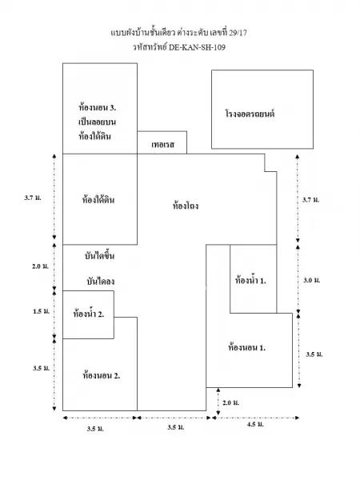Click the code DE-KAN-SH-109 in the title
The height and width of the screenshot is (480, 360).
coord(197,47)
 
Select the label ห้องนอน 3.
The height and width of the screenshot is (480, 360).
coord(97,107)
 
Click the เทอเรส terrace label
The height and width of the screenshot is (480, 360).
coord(162,144)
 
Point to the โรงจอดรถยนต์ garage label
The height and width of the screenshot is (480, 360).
coord(250,114)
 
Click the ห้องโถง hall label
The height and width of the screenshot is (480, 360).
coord(186,205)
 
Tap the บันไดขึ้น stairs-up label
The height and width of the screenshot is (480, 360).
coord(99,255)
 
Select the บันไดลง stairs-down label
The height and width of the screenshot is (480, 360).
coord(101,281)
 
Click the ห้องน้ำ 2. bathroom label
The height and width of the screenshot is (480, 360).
coord(89,314)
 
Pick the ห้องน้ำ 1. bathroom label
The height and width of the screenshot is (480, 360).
coord(250,280)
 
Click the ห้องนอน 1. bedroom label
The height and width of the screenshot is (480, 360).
coord(246,347)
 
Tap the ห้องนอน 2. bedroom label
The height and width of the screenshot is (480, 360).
coord(101,375)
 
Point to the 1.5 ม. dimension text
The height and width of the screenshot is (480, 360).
coord(41,311)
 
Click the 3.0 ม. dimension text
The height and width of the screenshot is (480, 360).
coord(312,280)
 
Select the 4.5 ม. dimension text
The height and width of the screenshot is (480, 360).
coord(255,424)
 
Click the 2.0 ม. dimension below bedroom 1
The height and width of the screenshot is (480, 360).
coord(230,402)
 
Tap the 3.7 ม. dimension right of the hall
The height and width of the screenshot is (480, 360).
coord(310,199)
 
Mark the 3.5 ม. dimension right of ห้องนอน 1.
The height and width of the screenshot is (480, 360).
coord(314,354)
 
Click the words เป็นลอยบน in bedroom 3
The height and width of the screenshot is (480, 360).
coord(97,122)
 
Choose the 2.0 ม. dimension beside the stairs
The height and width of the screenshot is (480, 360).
coord(40,266)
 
